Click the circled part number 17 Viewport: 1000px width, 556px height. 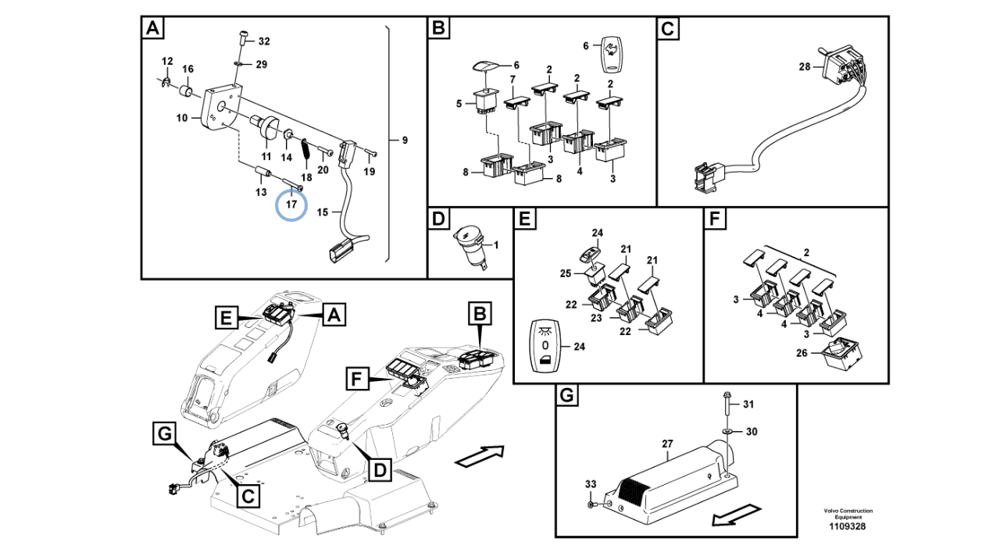pyautogui.click(x=291, y=205)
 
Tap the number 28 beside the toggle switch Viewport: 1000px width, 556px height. pyautogui.click(x=805, y=68)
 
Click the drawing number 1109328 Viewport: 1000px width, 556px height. pyautogui.click(x=848, y=526)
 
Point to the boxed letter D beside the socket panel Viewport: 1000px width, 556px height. pyautogui.click(x=380, y=469)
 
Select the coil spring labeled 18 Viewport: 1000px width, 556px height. pyautogui.click(x=305, y=148)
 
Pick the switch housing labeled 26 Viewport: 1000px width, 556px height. pyautogui.click(x=840, y=353)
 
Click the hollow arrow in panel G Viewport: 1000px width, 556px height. pyautogui.click(x=736, y=516)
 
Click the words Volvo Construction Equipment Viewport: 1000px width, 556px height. pyautogui.click(x=848, y=514)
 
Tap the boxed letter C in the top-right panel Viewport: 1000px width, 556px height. pyautogui.click(x=669, y=30)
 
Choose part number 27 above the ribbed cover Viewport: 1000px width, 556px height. pyautogui.click(x=667, y=444)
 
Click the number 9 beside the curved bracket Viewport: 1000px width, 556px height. pyautogui.click(x=405, y=141)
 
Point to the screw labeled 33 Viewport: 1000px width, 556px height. pyautogui.click(x=595, y=504)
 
